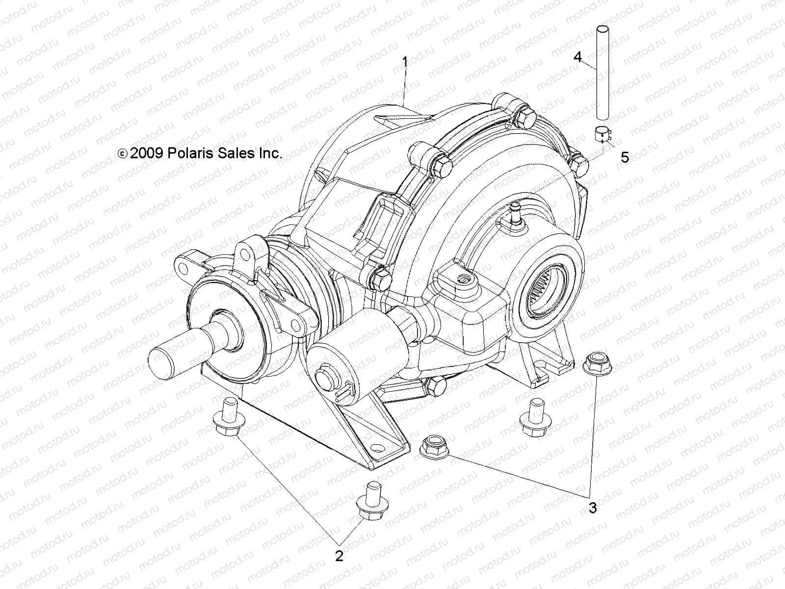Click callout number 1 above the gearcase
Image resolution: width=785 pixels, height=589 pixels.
pos(405,62)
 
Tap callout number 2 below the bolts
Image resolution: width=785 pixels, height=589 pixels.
pos(339,556)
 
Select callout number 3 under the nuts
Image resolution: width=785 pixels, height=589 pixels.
pos(593,508)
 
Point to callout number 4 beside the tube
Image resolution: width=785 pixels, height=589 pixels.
pos(578,57)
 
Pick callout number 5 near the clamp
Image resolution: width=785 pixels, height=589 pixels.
pos(625,157)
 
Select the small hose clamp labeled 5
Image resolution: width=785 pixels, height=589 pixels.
pos(606,134)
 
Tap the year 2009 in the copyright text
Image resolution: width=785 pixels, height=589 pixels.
pos(143,153)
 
